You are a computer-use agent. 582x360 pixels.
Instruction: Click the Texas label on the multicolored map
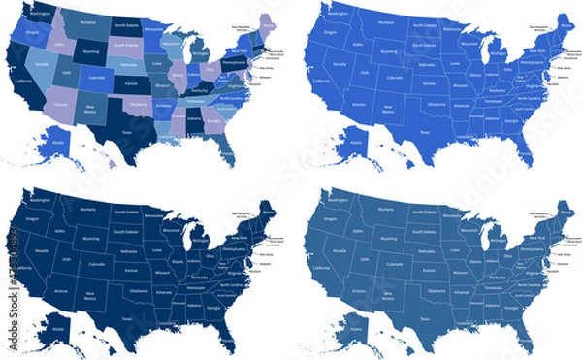coord(127,132)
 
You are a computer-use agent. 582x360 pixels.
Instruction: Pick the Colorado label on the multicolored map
coord(97,78)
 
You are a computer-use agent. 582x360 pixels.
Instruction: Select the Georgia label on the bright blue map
coord(508,118)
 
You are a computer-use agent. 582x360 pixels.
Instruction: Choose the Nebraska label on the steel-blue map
coord(424,250)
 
